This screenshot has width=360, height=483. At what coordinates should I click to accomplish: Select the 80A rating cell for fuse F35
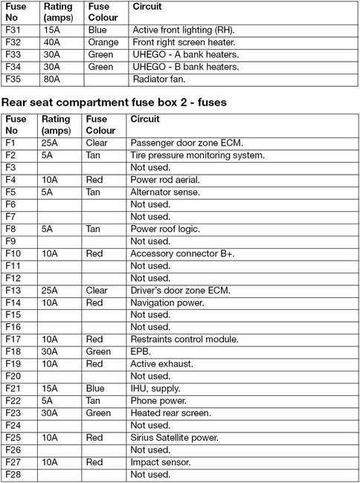[53, 79]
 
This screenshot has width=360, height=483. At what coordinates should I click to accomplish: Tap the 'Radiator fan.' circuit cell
[158, 79]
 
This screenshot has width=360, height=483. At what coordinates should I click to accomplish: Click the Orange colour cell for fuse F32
[103, 42]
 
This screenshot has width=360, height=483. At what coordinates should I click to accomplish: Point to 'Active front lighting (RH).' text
[183, 30]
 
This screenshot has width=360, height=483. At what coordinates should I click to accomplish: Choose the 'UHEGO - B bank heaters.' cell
[185, 67]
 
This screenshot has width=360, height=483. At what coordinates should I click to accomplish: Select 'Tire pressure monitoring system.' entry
[197, 155]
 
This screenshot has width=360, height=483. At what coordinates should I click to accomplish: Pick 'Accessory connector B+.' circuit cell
[182, 253]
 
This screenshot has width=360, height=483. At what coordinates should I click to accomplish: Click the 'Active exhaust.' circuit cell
[161, 363]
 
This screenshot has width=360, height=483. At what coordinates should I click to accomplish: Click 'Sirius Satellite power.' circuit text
[176, 438]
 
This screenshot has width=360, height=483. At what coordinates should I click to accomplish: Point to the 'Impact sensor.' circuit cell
[159, 462]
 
